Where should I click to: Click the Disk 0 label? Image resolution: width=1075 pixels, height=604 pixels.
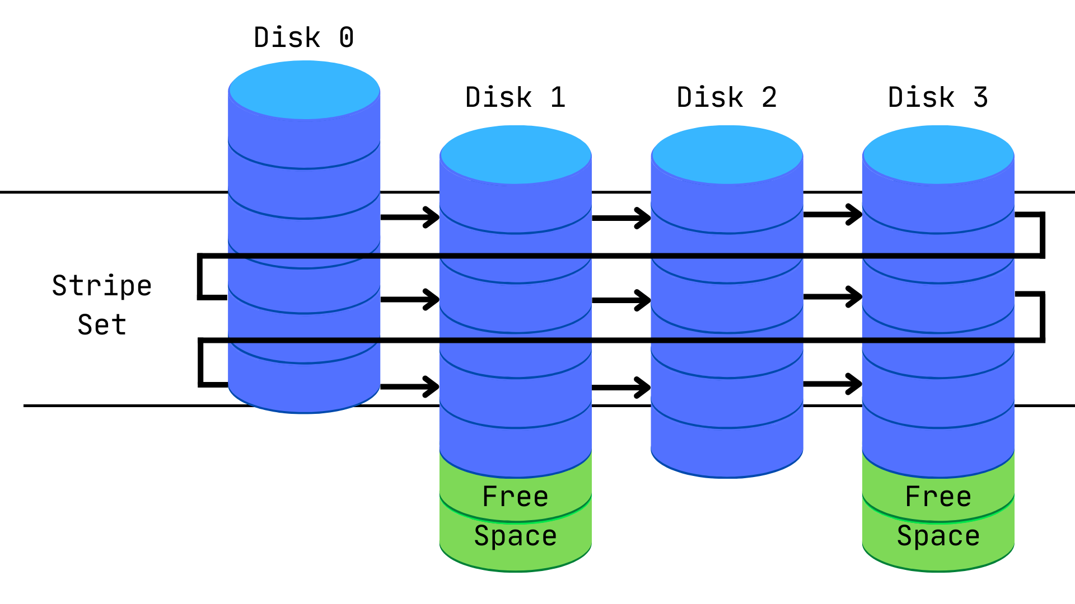click(303, 37)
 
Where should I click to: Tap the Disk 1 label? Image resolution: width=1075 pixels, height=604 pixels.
click(515, 97)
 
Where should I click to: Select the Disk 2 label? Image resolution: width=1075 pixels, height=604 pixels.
click(727, 97)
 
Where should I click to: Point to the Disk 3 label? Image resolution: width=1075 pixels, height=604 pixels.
click(938, 97)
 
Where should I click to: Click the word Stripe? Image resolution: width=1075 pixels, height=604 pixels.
click(102, 286)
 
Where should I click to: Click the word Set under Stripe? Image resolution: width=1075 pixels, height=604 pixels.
click(102, 325)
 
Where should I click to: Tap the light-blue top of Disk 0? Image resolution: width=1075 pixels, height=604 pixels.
click(304, 90)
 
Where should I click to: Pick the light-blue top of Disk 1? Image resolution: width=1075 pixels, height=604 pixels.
click(515, 154)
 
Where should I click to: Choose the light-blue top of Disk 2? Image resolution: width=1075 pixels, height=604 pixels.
click(727, 154)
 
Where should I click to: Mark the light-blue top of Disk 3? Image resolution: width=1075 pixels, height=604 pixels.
click(938, 154)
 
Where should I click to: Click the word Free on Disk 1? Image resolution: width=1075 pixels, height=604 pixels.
click(515, 497)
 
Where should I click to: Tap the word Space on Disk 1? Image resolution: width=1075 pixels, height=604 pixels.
click(515, 536)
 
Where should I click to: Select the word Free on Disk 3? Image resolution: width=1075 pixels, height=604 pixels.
click(938, 497)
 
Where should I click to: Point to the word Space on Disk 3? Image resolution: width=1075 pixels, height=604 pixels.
click(938, 536)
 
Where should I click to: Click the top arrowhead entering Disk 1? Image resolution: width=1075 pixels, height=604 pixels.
click(432, 217)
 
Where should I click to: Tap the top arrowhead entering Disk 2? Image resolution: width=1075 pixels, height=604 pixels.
click(643, 218)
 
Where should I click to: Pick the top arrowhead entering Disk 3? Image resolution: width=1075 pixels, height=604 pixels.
click(854, 214)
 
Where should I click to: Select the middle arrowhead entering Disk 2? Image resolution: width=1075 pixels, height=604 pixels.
click(643, 300)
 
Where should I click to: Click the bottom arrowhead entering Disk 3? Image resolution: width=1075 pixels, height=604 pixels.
click(854, 384)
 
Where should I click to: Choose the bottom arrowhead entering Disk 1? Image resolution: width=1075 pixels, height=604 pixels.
click(432, 386)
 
